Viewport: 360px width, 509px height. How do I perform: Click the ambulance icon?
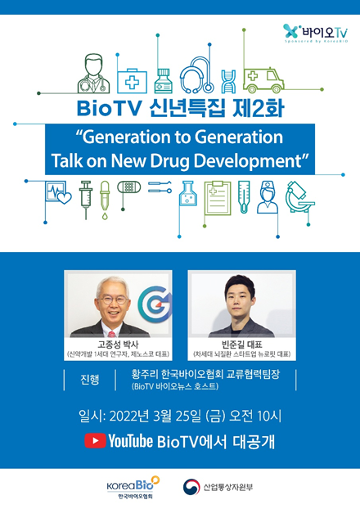(x=264, y=80)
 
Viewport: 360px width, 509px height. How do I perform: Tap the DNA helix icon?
(x=228, y=82)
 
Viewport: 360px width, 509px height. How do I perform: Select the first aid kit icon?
(x=132, y=81)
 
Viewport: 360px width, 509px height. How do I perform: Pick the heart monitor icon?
(x=58, y=193)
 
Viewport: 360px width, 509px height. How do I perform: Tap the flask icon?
(x=188, y=193)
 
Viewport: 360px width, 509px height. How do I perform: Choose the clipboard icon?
(x=218, y=198)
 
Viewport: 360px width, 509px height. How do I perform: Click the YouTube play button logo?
(x=95, y=441)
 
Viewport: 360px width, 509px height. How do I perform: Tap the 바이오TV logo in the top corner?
(x=316, y=33)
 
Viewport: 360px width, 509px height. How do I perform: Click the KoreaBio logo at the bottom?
(x=133, y=487)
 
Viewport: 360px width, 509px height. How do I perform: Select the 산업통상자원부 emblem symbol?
(x=191, y=487)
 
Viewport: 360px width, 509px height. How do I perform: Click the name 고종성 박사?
(x=118, y=345)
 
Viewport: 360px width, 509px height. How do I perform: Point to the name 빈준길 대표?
(x=242, y=345)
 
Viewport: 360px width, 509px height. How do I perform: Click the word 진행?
(x=90, y=379)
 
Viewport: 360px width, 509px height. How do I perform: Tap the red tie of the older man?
(x=111, y=334)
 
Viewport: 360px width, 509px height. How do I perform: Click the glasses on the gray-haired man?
(x=114, y=300)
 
